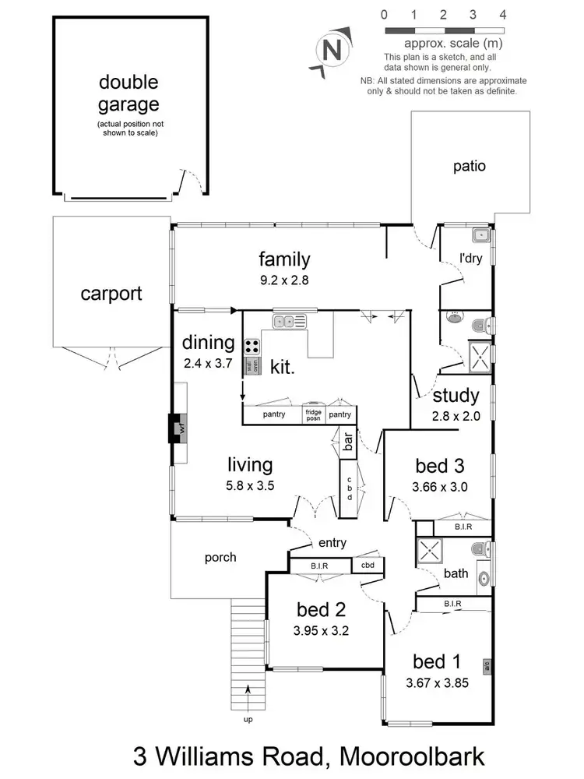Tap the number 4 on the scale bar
[503, 15]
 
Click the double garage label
[128, 93]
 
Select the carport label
[111, 294]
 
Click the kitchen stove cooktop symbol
[252, 347]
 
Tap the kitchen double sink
[289, 320]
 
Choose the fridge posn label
[313, 414]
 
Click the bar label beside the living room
[348, 443]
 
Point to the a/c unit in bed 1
[487, 665]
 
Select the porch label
[220, 557]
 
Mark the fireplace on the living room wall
[176, 428]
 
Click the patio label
[470, 166]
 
